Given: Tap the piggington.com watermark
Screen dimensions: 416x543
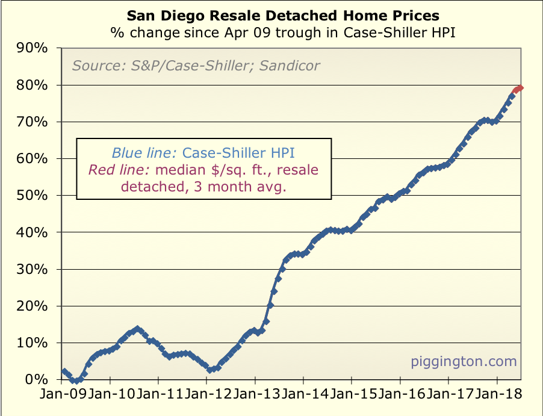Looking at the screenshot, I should click(x=464, y=361).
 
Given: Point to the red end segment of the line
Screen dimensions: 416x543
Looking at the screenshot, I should click(x=518, y=89).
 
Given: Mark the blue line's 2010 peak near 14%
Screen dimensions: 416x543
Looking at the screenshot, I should click(x=137, y=329).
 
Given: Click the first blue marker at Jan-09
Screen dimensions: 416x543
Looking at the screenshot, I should click(x=64, y=371).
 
